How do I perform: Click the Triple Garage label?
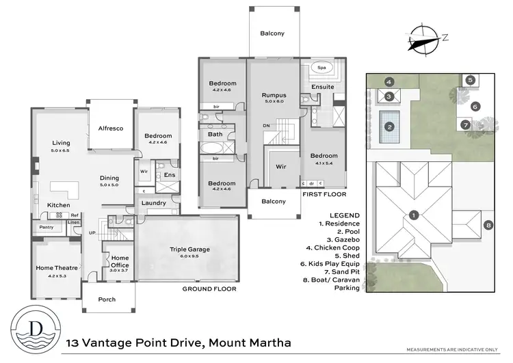click(x=187, y=250)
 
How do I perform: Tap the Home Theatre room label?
click(x=57, y=267)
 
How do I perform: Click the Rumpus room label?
click(x=274, y=95)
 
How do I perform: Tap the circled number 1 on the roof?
click(x=413, y=215)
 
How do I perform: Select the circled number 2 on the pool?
click(x=389, y=126)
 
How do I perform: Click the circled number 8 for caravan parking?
click(x=488, y=225)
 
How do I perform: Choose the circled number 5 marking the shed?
click(x=471, y=80)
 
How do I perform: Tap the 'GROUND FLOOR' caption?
click(x=209, y=289)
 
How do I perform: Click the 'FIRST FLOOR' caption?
click(x=325, y=194)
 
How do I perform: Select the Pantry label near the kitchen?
click(x=47, y=227)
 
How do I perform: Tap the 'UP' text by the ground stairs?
click(x=92, y=232)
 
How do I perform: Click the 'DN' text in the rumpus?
click(x=267, y=126)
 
